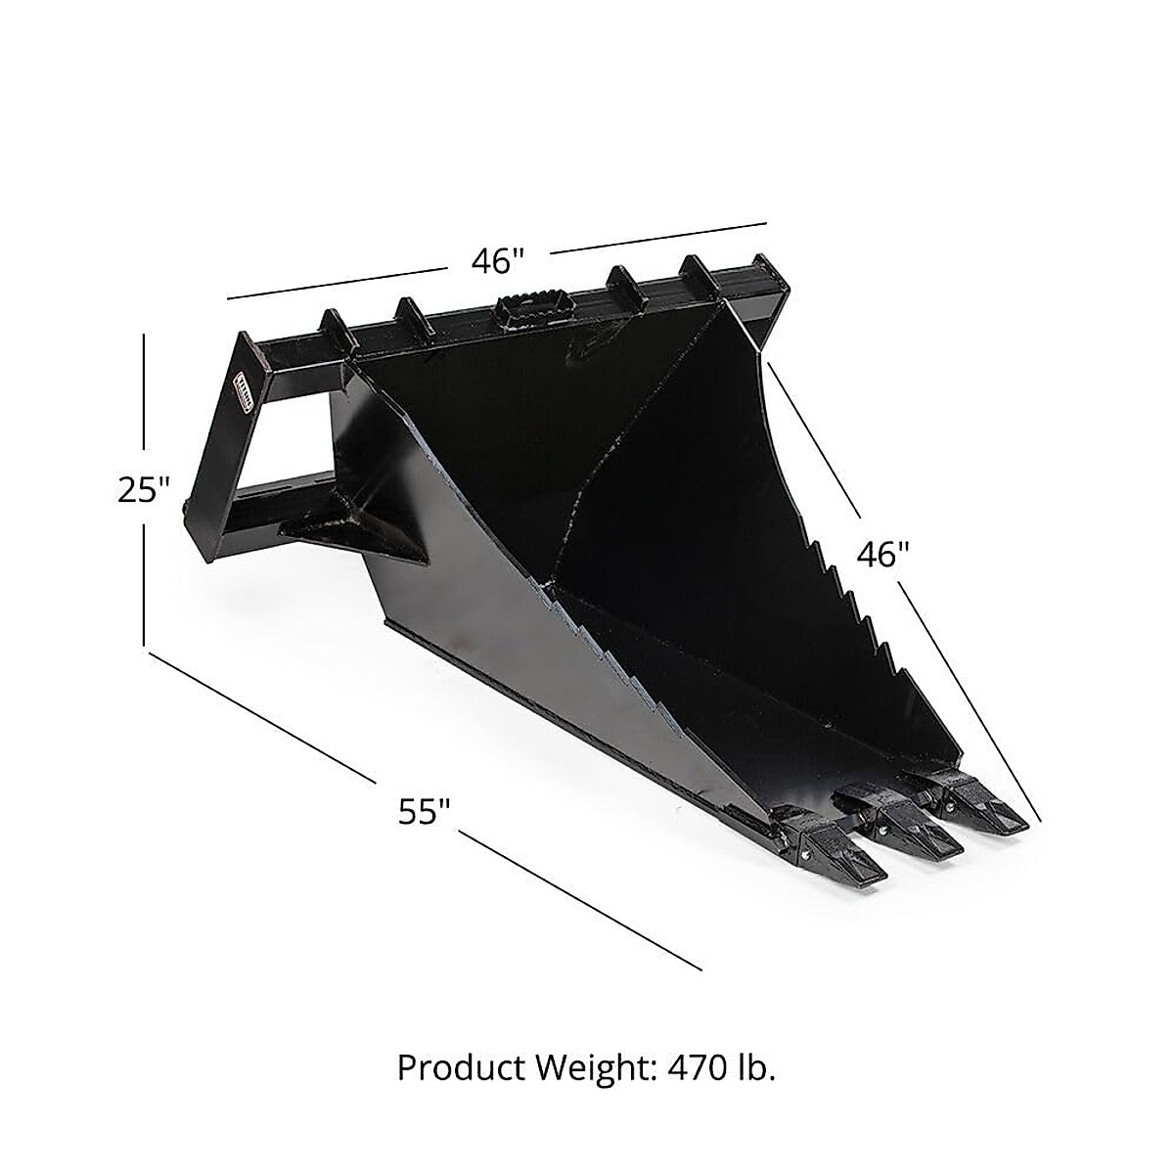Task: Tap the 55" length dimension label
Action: coord(425,811)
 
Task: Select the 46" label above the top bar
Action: coord(499,260)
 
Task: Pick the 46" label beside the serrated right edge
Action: coord(883,555)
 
